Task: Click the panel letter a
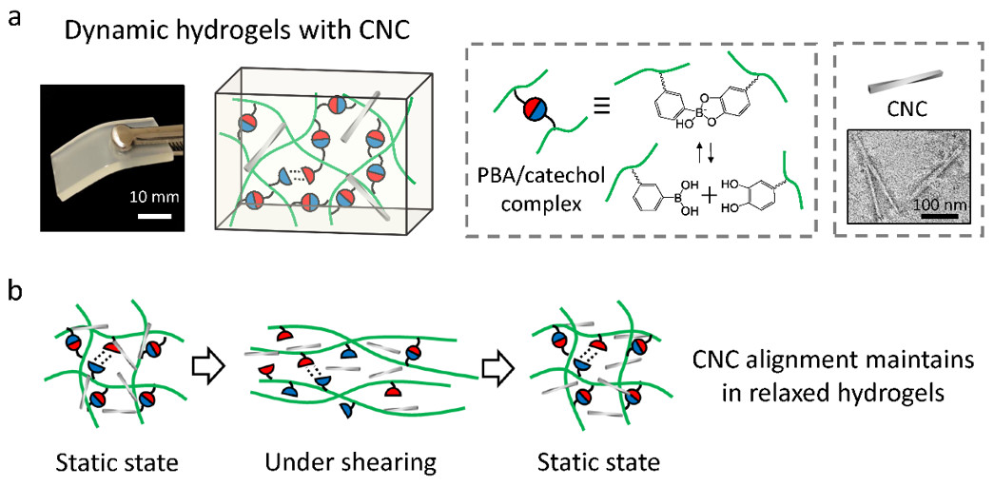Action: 16,18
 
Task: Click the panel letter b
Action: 16,292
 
